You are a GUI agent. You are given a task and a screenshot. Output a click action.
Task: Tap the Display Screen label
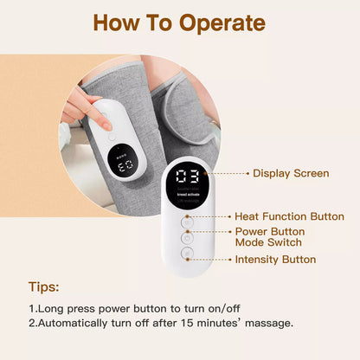[290, 173]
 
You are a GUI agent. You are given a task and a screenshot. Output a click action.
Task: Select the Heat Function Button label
[289, 216]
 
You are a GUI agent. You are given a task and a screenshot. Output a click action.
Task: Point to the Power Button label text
[269, 231]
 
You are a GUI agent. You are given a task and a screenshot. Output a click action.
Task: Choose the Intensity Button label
[275, 259]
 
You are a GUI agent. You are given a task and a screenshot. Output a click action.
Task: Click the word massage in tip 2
[267, 323]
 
